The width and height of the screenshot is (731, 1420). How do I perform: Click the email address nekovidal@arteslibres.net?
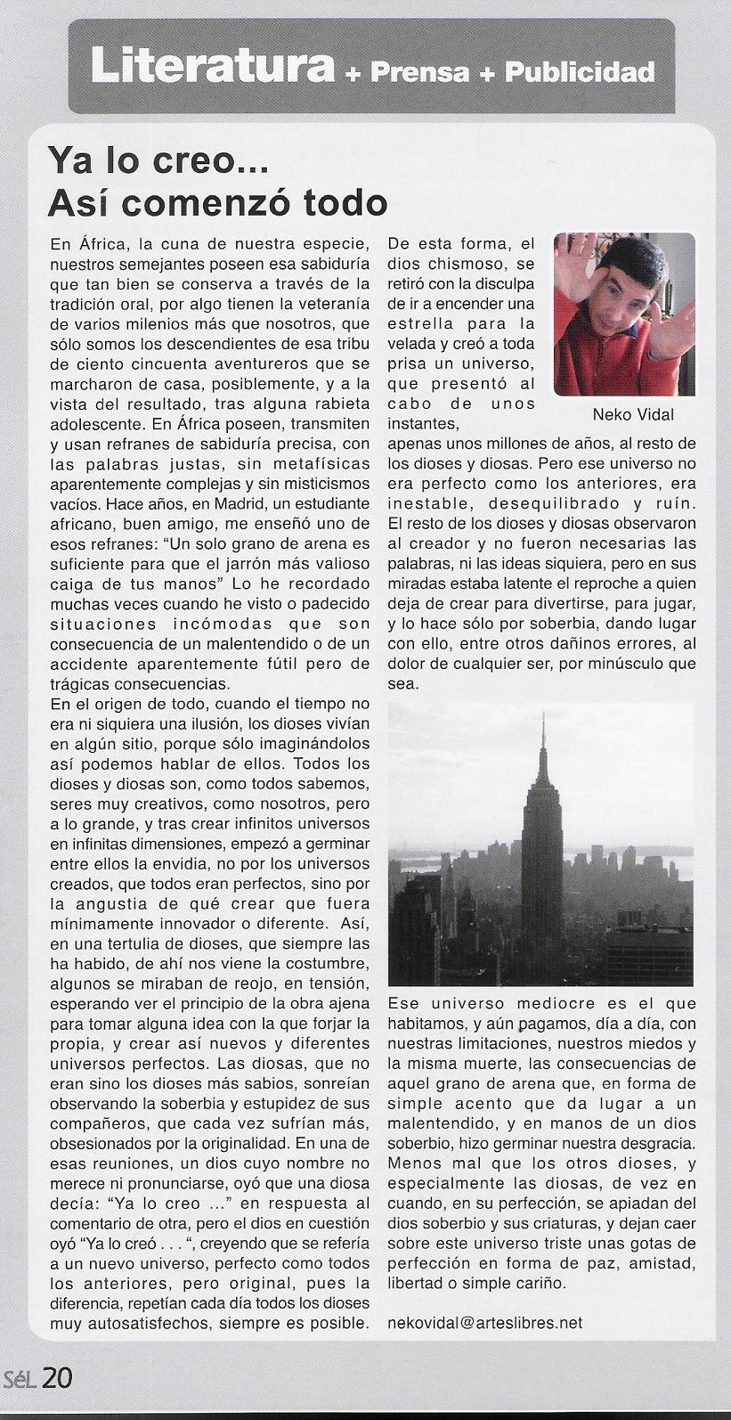[x=485, y=1322]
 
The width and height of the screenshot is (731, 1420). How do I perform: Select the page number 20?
[x=57, y=1378]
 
